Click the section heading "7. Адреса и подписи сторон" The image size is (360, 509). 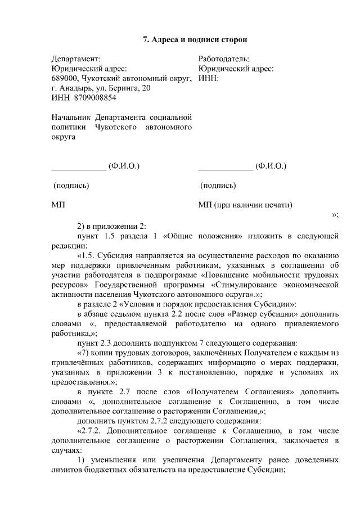pos(195,39)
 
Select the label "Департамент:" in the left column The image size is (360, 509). pos(76,58)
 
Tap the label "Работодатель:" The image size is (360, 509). pos(224,58)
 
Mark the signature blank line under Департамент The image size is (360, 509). pos(78,167)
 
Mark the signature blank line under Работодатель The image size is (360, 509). pos(226,167)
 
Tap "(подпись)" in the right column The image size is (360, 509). pos(218,186)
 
